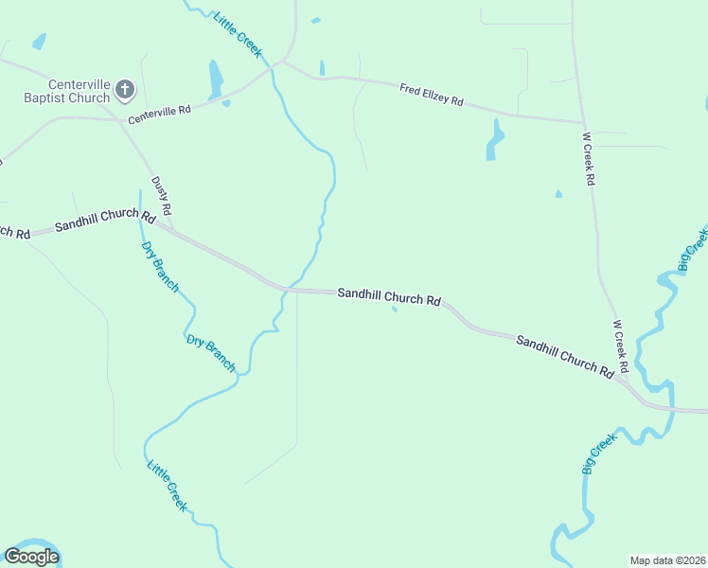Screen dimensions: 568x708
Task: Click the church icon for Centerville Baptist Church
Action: pos(125,91)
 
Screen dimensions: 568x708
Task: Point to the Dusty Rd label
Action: pos(161,194)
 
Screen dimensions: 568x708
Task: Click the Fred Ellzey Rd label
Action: pos(431,95)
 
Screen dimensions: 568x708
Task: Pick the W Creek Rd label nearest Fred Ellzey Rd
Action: pos(589,159)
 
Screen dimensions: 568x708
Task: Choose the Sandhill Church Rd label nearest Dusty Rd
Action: pos(104,222)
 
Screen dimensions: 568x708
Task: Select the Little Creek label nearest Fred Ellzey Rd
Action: pos(238,34)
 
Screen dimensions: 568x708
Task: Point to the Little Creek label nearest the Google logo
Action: pos(167,485)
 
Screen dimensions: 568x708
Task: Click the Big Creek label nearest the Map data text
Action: pos(598,453)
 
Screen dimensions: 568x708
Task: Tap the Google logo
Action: pos(32,556)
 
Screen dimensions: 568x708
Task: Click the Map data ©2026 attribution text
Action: pos(667,560)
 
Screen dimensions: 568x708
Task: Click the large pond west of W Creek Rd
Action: pos(493,139)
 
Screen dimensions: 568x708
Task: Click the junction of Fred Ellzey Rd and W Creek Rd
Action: pos(582,122)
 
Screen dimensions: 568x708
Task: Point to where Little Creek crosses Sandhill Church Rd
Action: pos(288,289)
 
